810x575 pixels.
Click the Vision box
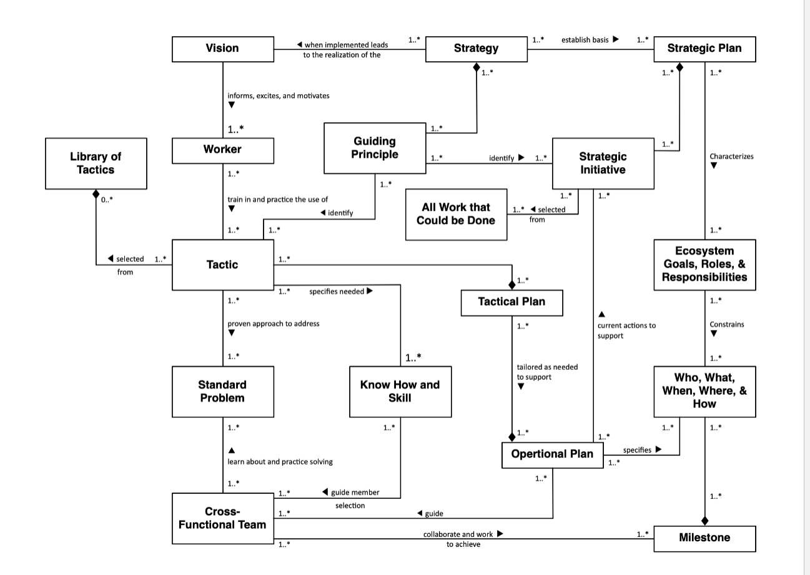click(222, 49)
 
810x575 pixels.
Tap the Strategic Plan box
click(704, 49)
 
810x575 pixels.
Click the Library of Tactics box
click(96, 163)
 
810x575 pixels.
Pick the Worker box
click(222, 150)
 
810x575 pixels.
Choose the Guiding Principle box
click(374, 148)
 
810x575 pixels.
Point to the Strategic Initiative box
click(603, 163)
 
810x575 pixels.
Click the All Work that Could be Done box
click(456, 214)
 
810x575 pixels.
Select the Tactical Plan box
click(511, 302)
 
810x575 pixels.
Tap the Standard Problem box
click(222, 391)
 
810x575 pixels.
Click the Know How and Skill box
click(400, 391)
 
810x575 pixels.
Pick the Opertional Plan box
click(552, 454)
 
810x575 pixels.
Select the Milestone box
click(704, 538)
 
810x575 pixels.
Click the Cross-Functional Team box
click(222, 518)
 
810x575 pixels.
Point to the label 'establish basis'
click(585, 40)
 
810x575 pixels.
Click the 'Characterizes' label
click(731, 157)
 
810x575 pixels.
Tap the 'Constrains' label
click(726, 325)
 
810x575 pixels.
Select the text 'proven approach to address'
click(273, 324)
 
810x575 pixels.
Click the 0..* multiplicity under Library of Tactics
click(107, 200)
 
